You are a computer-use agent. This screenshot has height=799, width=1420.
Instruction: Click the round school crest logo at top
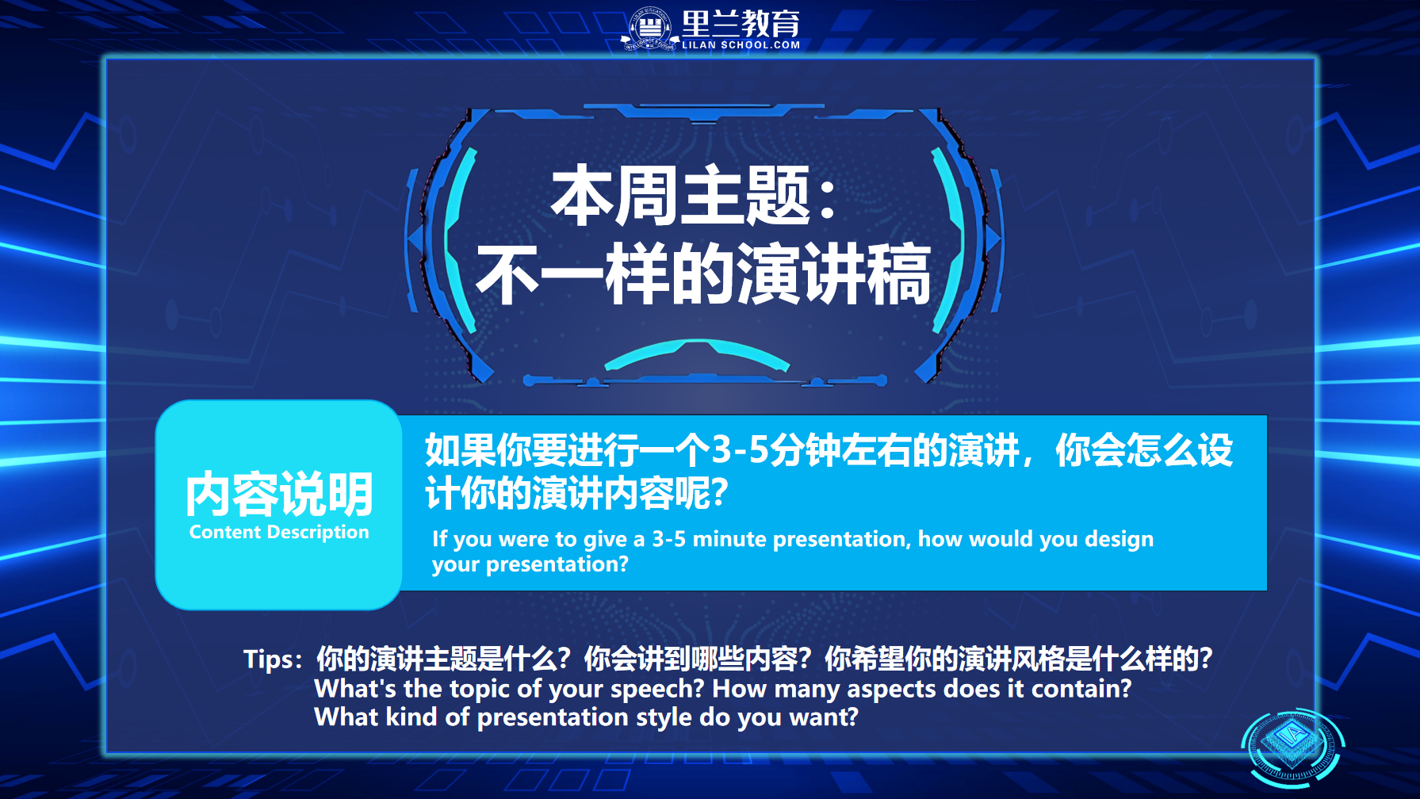(650, 29)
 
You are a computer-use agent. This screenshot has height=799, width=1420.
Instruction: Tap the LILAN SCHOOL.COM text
(741, 45)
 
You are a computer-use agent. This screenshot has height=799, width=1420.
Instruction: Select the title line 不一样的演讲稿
(703, 274)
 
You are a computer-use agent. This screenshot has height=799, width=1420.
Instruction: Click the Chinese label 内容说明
(279, 494)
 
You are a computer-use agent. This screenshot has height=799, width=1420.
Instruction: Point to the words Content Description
(279, 532)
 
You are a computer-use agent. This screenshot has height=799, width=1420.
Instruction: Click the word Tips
(269, 659)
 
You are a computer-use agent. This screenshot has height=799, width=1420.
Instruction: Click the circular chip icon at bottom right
(1292, 747)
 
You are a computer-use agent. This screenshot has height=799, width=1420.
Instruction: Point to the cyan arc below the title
(697, 353)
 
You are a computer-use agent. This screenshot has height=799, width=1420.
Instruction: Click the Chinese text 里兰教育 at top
(741, 24)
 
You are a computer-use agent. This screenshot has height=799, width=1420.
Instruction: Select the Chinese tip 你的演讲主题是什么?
(443, 659)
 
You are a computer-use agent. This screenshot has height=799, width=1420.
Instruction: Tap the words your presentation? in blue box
(530, 564)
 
